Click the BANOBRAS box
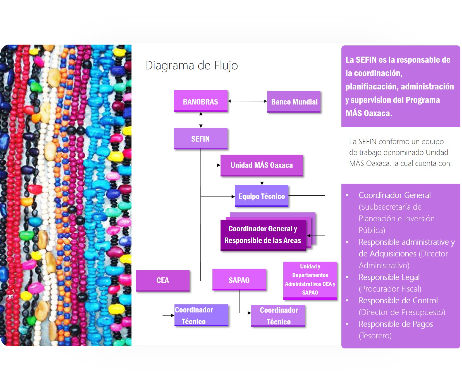[x=200, y=101]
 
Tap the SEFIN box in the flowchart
[x=200, y=139]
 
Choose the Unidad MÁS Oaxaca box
[x=261, y=165]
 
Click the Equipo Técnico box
[x=261, y=196]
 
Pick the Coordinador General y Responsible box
[x=263, y=235]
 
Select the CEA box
[x=162, y=280]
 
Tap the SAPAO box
[x=239, y=280]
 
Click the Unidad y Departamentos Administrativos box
[x=310, y=280]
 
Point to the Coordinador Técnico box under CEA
[x=201, y=315]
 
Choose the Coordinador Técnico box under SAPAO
[x=278, y=316]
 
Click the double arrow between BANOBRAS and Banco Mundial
[x=247, y=101]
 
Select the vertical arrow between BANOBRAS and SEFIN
[x=201, y=120]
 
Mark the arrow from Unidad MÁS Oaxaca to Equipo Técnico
[x=262, y=181]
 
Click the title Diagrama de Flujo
[x=191, y=66]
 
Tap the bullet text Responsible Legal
[x=389, y=277]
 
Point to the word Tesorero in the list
[x=375, y=336]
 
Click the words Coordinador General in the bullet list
[x=394, y=195]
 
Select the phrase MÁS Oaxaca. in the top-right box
[x=369, y=113]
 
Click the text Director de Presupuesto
[x=402, y=312]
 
